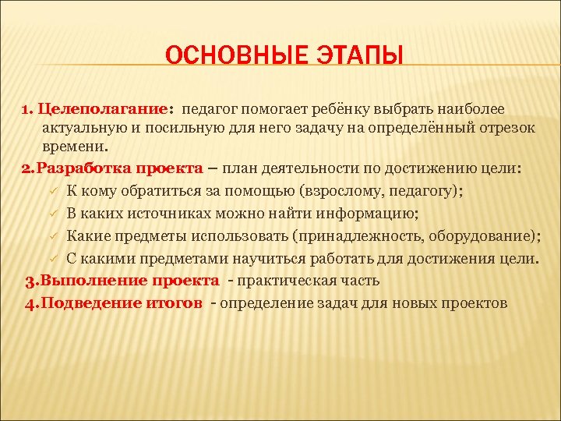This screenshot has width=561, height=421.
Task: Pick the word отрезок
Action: point(504,128)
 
